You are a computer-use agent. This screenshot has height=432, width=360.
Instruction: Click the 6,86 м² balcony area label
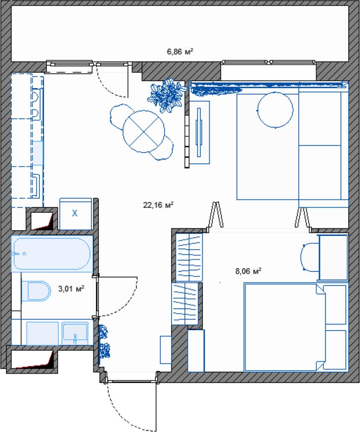tap(180, 51)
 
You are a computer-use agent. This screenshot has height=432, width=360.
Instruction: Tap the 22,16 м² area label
tap(158, 205)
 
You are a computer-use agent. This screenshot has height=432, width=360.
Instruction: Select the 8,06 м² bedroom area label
tap(248, 271)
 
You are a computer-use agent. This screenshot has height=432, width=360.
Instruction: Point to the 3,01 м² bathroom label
tap(71, 288)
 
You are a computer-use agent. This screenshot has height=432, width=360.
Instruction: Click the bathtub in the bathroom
tap(52, 254)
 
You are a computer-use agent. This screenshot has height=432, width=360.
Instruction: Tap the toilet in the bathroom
tap(36, 291)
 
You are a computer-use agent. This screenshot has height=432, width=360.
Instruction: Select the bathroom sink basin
tap(75, 333)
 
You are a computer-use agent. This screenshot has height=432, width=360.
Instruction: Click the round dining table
tap(144, 131)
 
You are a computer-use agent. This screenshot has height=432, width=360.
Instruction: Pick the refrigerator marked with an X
tap(75, 214)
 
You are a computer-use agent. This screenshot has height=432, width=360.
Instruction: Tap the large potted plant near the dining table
tap(167, 95)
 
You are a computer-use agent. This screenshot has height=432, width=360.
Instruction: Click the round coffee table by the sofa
tap(275, 110)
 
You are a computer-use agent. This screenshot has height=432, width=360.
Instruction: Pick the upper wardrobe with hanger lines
tap(189, 257)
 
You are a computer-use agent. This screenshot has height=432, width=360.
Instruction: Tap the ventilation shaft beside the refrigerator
tap(41, 221)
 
